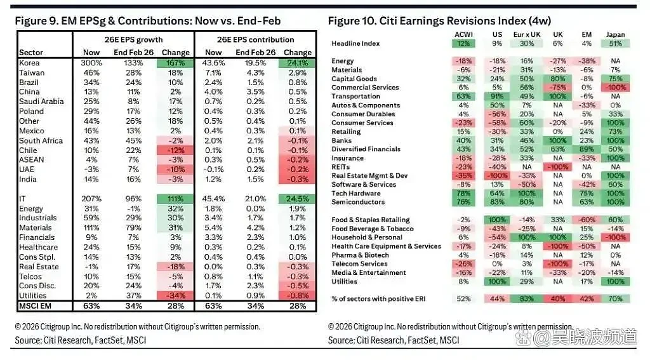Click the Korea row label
pos(29,63)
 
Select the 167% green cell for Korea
pos(175,63)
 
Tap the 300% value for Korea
pos(91,63)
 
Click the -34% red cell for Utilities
pos(175,296)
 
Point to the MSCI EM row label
pos(36,306)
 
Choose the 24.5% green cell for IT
pos(297,199)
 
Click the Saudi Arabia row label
pos(41,102)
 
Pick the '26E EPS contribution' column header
pos(255,40)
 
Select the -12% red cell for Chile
pos(175,150)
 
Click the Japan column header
pos(615,35)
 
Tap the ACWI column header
pos(463,35)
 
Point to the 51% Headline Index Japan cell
pos(615,44)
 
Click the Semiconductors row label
pos(358,202)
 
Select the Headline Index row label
pos(355,44)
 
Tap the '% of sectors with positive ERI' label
pos(378,298)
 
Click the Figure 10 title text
pos(439,21)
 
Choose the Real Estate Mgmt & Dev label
pos(369,175)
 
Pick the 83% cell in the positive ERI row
pos(526,298)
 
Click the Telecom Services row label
pos(359,263)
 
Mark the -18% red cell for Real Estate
pos(175,267)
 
